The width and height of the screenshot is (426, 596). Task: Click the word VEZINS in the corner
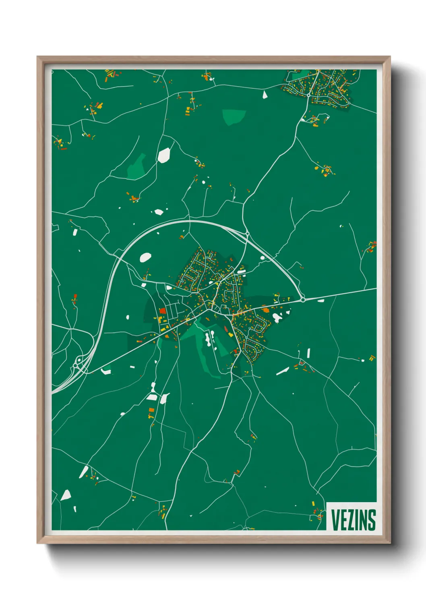click(353, 520)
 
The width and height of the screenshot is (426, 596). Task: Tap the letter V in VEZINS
click(335, 520)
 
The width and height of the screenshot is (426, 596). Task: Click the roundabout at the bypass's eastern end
click(303, 299)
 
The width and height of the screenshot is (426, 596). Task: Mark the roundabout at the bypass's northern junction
click(247, 233)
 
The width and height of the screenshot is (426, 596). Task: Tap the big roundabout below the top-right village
click(308, 95)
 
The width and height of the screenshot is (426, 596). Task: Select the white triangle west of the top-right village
click(265, 95)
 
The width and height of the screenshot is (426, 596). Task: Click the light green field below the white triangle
click(234, 116)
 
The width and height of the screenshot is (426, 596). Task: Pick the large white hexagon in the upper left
click(164, 155)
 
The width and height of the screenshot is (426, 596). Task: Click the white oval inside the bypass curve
click(145, 257)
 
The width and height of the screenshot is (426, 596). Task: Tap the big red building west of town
click(163, 311)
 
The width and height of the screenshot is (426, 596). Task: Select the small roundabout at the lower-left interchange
click(77, 366)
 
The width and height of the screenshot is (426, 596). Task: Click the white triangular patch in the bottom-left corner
click(66, 495)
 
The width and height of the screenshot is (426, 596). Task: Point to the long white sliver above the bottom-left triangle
click(84, 472)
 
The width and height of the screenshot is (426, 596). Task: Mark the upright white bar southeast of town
click(308, 353)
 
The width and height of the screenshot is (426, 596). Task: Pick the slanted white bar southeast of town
click(282, 371)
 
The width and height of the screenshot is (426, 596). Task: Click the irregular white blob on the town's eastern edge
click(277, 318)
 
